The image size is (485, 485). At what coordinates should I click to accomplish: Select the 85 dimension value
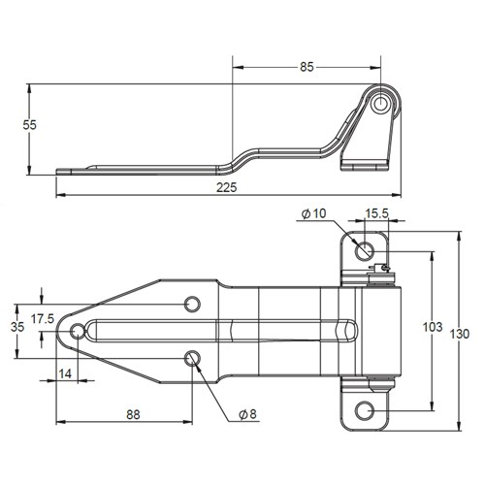pyautogui.click(x=307, y=68)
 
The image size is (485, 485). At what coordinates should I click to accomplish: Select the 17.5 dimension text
pyautogui.click(x=43, y=317)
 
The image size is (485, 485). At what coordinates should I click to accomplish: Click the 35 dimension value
pyautogui.click(x=16, y=328)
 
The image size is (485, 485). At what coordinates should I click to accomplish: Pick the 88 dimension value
pyautogui.click(x=133, y=414)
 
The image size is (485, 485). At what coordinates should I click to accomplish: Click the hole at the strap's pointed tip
pyautogui.click(x=78, y=332)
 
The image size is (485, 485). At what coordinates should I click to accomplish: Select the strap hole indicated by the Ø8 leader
pyautogui.click(x=192, y=359)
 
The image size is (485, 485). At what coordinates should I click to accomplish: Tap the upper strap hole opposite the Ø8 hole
pyautogui.click(x=192, y=302)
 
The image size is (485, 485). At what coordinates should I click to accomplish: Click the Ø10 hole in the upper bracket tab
pyautogui.click(x=364, y=250)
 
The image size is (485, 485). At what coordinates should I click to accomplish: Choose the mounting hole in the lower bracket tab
pyautogui.click(x=364, y=410)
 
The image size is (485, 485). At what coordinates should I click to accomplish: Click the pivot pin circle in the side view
pyautogui.click(x=383, y=102)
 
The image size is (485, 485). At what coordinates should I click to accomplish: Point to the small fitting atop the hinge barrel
pyautogui.click(x=386, y=269)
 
